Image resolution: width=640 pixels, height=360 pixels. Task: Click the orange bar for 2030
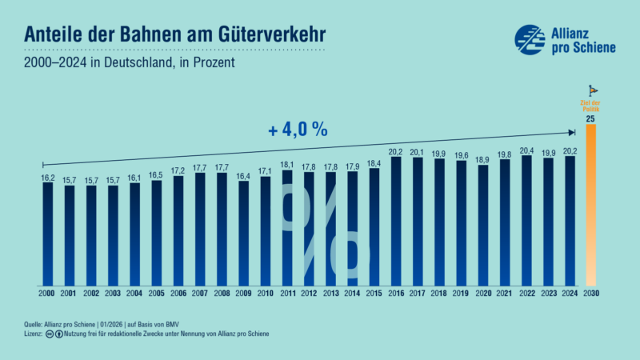click(x=590, y=205)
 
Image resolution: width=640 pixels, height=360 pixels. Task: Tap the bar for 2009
click(x=243, y=233)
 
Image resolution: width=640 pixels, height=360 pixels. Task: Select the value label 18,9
click(x=483, y=158)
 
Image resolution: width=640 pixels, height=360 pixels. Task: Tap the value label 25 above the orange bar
click(x=590, y=119)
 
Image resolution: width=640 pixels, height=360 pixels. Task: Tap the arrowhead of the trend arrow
click(x=572, y=133)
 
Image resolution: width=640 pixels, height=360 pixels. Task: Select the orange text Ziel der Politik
click(x=590, y=106)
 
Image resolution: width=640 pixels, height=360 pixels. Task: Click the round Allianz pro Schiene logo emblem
click(x=529, y=40)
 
